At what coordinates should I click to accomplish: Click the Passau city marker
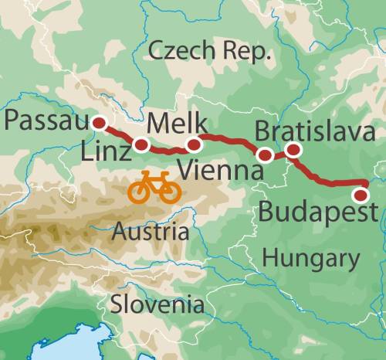click(99, 122)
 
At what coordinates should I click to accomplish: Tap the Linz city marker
click(141, 144)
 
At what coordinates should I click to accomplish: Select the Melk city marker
click(194, 144)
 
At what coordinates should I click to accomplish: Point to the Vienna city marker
click(266, 155)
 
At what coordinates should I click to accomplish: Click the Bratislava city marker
click(293, 150)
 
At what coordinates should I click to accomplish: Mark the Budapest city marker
click(361, 194)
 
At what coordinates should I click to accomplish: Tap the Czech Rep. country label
click(210, 53)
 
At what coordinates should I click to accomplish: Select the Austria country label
click(150, 230)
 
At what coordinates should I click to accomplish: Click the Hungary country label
click(310, 258)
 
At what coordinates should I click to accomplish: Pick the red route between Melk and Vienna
click(232, 144)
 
